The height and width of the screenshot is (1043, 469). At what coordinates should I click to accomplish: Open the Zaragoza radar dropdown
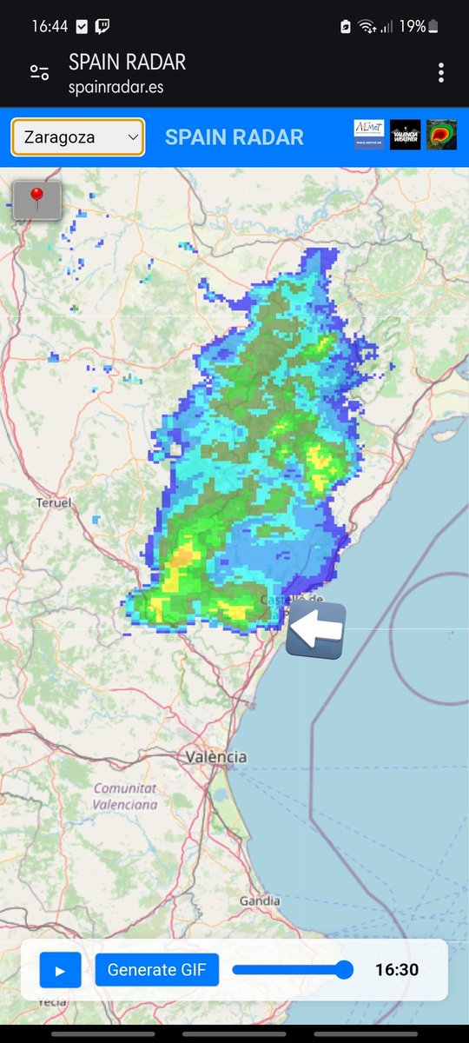(77, 137)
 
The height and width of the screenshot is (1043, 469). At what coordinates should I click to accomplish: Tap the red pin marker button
(36, 200)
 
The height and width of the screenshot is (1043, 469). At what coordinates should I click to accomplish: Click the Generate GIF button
(157, 970)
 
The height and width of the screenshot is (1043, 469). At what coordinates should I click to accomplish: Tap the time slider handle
(344, 970)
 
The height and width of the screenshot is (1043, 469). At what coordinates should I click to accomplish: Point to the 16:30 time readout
(397, 970)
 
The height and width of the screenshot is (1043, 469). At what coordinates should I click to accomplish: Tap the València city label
(215, 757)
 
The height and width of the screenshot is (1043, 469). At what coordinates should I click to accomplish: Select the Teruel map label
(53, 503)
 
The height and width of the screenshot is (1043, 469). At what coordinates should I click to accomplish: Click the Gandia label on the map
(259, 901)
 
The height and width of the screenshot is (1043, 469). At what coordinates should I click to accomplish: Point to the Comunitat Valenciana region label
(126, 796)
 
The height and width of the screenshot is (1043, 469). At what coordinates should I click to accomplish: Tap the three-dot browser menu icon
(441, 73)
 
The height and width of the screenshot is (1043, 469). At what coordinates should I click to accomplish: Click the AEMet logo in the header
(368, 135)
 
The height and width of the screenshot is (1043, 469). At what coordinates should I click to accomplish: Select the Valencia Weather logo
(405, 135)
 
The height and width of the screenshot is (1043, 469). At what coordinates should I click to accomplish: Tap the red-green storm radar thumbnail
(441, 135)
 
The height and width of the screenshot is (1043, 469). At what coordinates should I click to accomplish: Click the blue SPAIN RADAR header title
(234, 137)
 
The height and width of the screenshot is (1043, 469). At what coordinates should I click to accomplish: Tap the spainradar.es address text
(116, 87)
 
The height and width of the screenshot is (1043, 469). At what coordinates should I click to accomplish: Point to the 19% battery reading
(413, 26)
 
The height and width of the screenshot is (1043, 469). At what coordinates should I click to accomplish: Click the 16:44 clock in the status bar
(50, 26)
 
